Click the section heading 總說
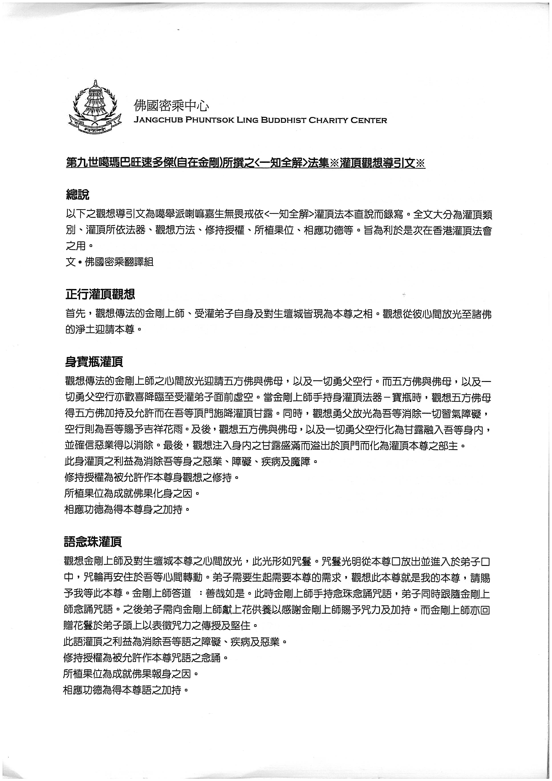(x=77, y=195)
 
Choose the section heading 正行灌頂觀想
(x=100, y=294)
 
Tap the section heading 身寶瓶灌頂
(x=94, y=362)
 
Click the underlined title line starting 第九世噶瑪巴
(x=246, y=163)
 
